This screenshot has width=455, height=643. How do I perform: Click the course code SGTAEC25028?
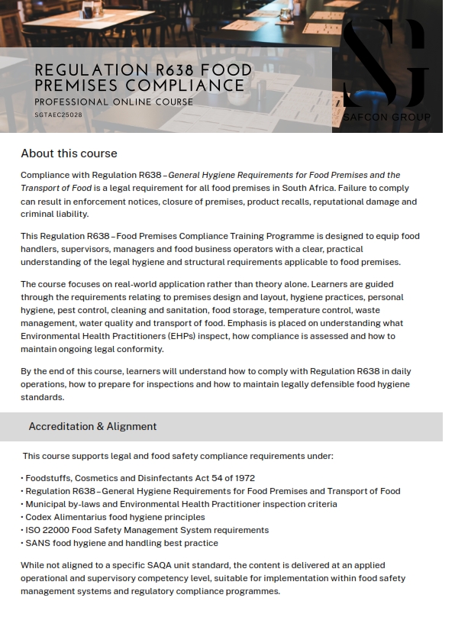58,115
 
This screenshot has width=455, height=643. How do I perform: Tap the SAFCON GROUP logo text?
386,117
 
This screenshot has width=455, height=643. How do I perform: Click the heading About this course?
69,153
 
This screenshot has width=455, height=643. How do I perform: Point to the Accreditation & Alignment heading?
92,426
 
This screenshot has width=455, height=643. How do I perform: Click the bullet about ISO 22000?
145,530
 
